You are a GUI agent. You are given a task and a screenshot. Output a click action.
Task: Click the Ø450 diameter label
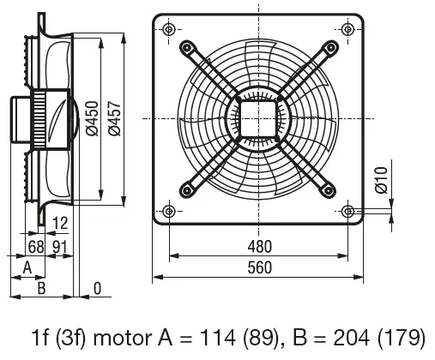[92, 118]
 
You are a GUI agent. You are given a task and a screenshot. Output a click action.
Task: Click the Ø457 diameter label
[115, 118]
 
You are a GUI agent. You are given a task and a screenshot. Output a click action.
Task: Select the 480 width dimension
[259, 247]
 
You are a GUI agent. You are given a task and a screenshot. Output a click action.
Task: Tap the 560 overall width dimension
[259, 267]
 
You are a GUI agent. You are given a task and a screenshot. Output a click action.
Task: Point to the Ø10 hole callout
[381, 180]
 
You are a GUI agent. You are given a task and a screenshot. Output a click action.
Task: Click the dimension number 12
[60, 223]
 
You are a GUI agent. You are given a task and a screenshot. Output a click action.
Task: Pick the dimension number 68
[36, 247]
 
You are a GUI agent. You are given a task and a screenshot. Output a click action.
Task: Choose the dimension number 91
[60, 247]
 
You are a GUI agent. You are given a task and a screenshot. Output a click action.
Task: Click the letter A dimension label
[27, 268]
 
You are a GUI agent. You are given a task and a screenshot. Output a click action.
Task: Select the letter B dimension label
[41, 288]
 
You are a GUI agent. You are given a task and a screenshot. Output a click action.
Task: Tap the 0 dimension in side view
[97, 289]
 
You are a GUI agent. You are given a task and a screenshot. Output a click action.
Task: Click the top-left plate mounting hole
[169, 29]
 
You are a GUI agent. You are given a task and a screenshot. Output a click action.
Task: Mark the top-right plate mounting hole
[348, 29]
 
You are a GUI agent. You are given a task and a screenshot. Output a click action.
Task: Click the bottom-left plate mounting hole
[169, 212]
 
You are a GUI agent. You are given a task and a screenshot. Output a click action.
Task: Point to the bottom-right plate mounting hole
[348, 212]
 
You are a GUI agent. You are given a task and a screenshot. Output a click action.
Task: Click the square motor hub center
[258, 119]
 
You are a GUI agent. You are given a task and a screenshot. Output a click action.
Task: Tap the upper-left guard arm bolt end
[186, 47]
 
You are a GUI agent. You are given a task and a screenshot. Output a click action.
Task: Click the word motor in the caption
[123, 339]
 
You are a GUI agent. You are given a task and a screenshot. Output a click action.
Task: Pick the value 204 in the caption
[352, 338]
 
